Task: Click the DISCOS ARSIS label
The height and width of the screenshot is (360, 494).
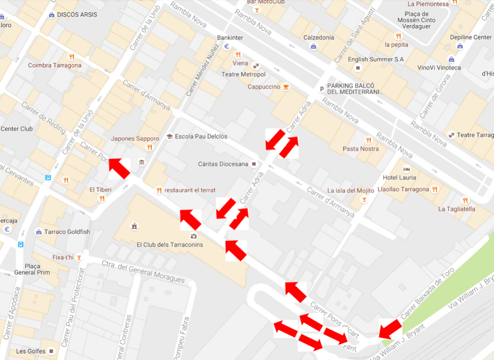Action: pyautogui.click(x=76, y=14)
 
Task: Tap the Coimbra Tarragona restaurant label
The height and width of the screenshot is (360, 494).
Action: pyautogui.click(x=54, y=66)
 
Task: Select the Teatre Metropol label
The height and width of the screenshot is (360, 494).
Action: pyautogui.click(x=243, y=74)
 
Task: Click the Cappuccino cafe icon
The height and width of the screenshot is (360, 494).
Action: pyautogui.click(x=286, y=86)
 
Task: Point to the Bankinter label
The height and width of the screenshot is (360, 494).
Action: pyautogui.click(x=230, y=38)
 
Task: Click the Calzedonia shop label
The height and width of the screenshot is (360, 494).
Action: pyautogui.click(x=318, y=38)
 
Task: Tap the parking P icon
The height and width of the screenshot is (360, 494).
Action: pyautogui.click(x=321, y=89)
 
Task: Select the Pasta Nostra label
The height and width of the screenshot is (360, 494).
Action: pyautogui.click(x=361, y=149)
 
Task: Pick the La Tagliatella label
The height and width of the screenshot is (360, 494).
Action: pyautogui.click(x=457, y=209)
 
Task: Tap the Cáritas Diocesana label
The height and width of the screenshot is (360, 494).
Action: pyautogui.click(x=222, y=164)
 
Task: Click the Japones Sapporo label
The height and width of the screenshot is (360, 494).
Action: pyautogui.click(x=135, y=139)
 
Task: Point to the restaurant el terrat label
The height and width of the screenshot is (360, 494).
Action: pyautogui.click(x=190, y=190)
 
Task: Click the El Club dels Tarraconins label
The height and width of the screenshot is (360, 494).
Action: pyautogui.click(x=170, y=245)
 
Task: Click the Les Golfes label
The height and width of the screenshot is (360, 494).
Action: pyautogui.click(x=28, y=351)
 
